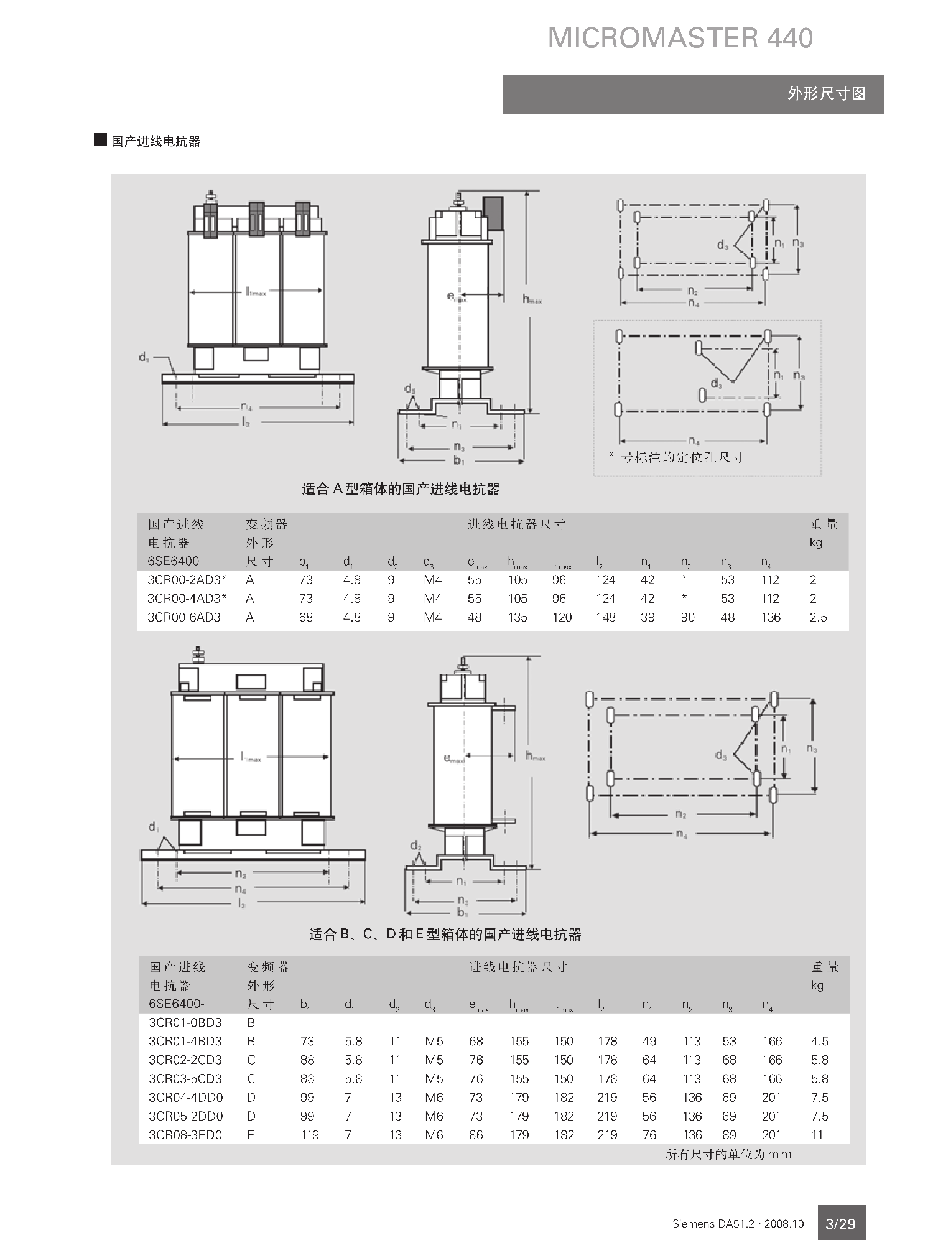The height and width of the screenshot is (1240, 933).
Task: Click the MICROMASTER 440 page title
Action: (680, 38)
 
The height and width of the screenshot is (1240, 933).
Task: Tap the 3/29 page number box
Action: (841, 1223)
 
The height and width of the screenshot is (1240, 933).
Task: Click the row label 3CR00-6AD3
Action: (184, 617)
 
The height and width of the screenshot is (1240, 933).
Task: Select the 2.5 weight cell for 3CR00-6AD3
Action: (818, 617)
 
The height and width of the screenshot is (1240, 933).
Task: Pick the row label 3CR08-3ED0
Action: (185, 1135)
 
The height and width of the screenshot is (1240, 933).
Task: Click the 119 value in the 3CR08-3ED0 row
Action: (309, 1135)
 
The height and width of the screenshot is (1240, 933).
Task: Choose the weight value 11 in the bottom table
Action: (817, 1135)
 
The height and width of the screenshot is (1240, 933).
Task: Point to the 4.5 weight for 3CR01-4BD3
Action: (819, 1041)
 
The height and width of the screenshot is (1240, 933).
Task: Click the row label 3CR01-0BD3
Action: (185, 1022)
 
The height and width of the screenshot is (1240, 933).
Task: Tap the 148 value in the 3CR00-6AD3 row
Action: (605, 617)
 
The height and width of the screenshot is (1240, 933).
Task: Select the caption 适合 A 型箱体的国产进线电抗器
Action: (401, 489)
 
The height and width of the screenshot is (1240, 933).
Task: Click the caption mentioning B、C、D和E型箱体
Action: (445, 935)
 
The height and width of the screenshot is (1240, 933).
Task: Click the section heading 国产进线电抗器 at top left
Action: (155, 141)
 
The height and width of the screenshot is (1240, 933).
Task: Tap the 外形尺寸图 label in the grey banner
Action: (826, 94)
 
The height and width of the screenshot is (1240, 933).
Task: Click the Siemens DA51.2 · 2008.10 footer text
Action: (738, 1224)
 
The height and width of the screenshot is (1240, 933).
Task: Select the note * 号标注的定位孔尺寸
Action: (676, 457)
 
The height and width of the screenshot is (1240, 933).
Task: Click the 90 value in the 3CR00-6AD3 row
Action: (687, 617)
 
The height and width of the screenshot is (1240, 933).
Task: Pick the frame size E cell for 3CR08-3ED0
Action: (251, 1135)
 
